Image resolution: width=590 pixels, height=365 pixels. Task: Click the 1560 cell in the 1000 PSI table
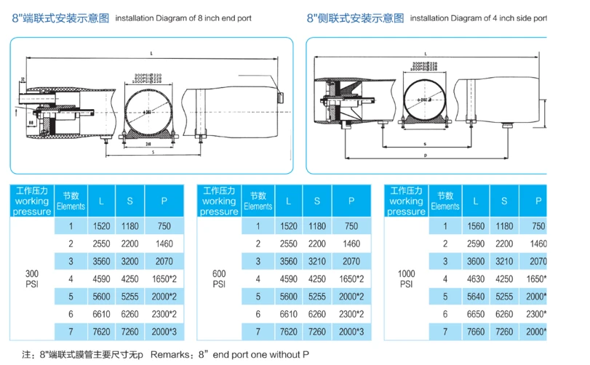[475, 227]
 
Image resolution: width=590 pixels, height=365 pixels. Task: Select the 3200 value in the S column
[129, 261]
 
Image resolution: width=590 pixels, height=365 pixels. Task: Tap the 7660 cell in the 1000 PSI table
[475, 331]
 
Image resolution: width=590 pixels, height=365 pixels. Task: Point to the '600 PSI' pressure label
[218, 278]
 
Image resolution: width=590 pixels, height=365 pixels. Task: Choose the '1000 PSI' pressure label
[406, 278]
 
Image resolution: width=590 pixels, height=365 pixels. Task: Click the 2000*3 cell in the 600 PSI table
[351, 331]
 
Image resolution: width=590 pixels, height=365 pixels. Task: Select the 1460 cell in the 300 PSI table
[164, 244]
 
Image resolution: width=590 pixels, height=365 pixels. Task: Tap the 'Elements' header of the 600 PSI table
[258, 201]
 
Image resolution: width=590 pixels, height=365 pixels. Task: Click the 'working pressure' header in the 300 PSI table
[32, 201]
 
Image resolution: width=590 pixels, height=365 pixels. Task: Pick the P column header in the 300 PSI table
[164, 201]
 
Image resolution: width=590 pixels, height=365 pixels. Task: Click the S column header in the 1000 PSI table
[504, 201]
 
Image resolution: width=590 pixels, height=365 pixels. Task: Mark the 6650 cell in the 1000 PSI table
[475, 313]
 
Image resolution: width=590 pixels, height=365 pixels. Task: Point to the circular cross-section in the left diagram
[148, 112]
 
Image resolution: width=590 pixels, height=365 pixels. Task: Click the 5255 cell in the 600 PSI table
[316, 296]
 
